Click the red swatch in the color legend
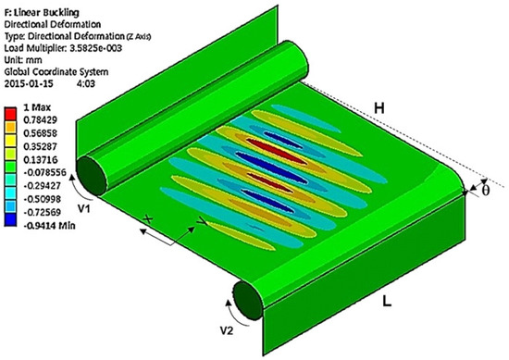point(10,114)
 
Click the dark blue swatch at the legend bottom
point(10,219)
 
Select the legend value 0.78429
point(40,120)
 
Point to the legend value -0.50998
point(43,199)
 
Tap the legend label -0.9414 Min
point(49,225)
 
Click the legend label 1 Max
point(37,107)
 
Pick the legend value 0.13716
point(40,160)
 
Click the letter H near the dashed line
point(379,107)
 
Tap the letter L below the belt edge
point(387,301)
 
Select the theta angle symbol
point(485,191)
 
